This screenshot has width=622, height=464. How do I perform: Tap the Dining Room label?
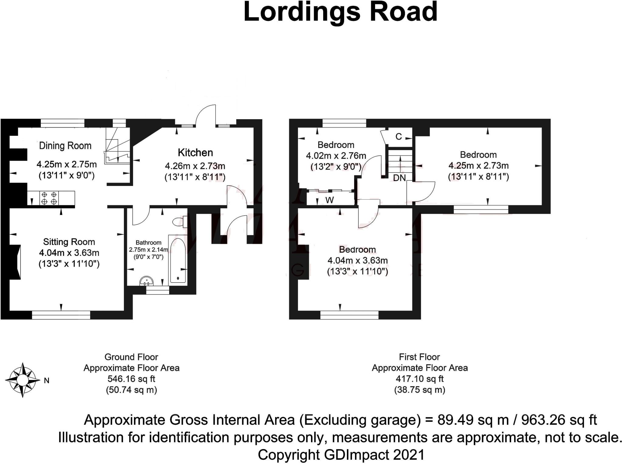click(65, 146)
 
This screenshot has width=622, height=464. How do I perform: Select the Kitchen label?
click(195, 153)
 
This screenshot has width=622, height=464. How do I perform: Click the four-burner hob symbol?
click(49, 198)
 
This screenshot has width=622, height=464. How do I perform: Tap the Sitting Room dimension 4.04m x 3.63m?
click(69, 253)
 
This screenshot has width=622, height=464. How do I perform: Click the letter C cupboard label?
click(398, 137)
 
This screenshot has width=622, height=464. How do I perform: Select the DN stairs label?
click(399, 178)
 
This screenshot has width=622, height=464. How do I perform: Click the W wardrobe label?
click(330, 200)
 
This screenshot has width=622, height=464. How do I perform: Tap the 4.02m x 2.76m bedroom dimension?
click(336, 156)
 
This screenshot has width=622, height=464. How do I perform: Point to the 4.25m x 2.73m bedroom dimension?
click(478, 166)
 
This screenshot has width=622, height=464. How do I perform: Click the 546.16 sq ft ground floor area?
click(131, 379)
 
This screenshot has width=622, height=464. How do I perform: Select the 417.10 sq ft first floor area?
click(419, 379)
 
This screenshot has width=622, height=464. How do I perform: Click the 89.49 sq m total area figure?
click(473, 420)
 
